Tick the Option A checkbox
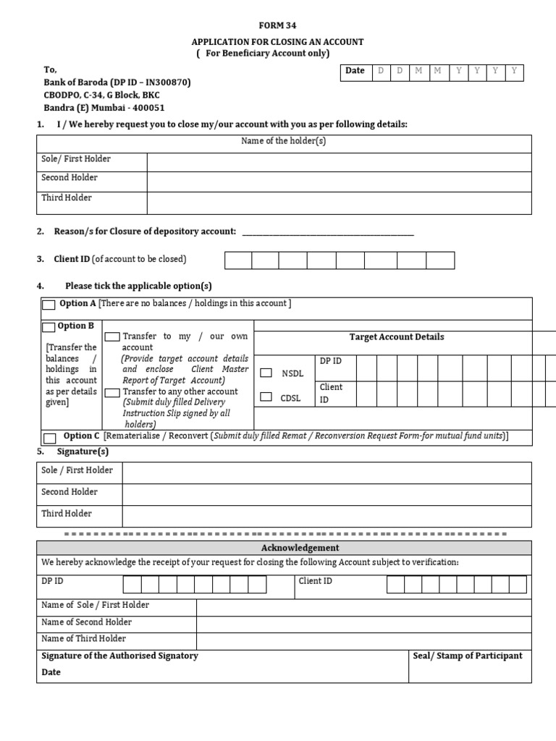click(x=49, y=305)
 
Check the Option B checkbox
click(x=49, y=327)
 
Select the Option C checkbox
click(x=50, y=438)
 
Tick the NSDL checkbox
click(x=266, y=373)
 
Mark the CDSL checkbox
click(x=266, y=397)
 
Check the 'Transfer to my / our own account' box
click(x=112, y=337)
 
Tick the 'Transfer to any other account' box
click(x=112, y=392)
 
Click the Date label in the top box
click(x=355, y=71)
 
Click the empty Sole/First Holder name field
click(x=339, y=161)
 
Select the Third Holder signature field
click(x=327, y=515)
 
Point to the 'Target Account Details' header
click(x=397, y=337)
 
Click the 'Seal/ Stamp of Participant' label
click(x=467, y=656)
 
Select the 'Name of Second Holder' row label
click(x=87, y=622)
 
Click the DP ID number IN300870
click(x=165, y=83)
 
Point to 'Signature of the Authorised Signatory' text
click(x=120, y=656)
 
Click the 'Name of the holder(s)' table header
click(x=284, y=141)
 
